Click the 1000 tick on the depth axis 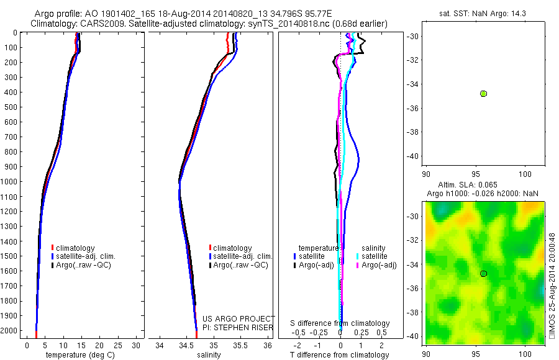(10, 182)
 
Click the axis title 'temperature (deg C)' (79, 355)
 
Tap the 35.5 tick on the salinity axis (240, 345)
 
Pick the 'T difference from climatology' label (339, 355)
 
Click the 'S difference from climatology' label (340, 323)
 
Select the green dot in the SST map (483, 94)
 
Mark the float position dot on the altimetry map (483, 274)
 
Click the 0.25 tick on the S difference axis (360, 333)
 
